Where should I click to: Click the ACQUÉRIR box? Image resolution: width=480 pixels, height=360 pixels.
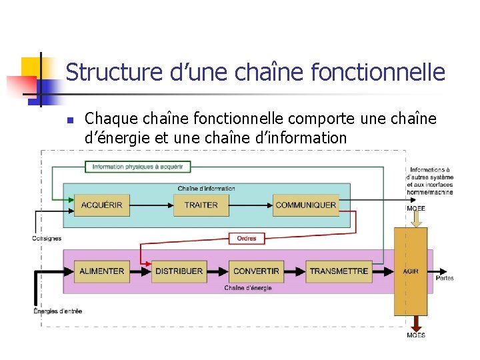click(102, 205)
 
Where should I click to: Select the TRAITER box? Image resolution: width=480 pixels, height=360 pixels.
click(201, 205)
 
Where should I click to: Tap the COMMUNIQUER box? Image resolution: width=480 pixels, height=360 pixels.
click(306, 205)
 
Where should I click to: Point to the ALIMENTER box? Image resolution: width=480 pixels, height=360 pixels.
click(102, 271)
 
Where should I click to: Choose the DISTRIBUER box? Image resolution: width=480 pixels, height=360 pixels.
click(179, 271)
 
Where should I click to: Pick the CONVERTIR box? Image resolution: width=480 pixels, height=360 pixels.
click(257, 271)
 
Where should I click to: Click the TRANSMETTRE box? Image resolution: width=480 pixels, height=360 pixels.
click(339, 271)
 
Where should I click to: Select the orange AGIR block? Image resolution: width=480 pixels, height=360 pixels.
click(411, 271)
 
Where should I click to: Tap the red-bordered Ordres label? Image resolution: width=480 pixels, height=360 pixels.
click(247, 238)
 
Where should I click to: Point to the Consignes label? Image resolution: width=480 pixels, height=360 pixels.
click(47, 238)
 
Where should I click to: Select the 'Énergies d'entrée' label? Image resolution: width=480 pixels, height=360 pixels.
click(58, 311)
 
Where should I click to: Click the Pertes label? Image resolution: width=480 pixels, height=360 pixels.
click(445, 277)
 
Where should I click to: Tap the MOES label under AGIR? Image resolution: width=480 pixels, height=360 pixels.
click(416, 335)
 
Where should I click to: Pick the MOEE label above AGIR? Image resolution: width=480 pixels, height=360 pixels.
click(416, 209)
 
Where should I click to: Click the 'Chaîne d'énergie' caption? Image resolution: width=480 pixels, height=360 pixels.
click(248, 288)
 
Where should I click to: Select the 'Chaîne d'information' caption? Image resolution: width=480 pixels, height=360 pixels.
click(206, 189)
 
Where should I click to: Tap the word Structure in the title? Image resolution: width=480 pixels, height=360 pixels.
click(114, 72)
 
